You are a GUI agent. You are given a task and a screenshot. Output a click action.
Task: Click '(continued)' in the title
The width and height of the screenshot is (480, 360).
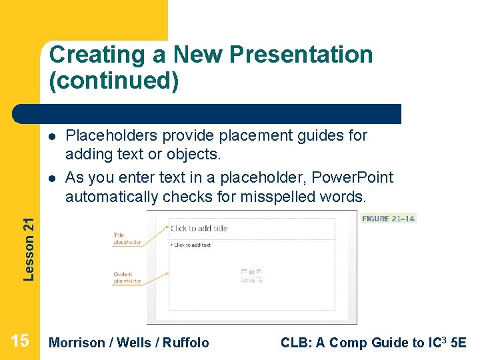[114, 81]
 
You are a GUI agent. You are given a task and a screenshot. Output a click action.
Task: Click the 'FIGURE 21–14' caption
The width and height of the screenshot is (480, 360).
[388, 219]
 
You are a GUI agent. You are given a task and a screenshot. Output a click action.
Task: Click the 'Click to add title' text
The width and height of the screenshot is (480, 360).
[199, 229]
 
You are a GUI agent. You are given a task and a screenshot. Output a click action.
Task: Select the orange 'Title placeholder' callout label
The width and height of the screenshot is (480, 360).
[127, 239]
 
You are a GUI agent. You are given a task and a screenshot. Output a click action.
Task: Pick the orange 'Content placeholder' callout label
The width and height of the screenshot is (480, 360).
[127, 278]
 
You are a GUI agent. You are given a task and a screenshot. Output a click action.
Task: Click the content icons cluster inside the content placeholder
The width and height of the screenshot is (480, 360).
[252, 277]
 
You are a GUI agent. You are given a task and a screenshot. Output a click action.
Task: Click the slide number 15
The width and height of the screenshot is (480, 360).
[20, 341]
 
